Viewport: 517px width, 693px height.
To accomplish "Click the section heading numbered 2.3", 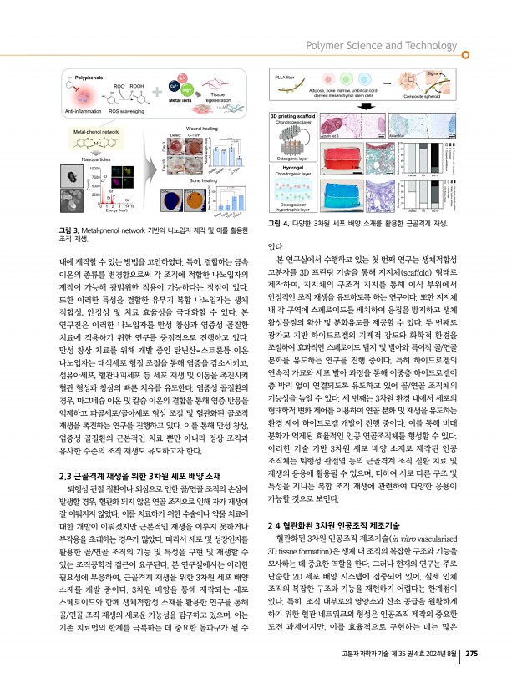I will tap(126, 475).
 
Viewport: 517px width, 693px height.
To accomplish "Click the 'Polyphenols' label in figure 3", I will tap(92, 76).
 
